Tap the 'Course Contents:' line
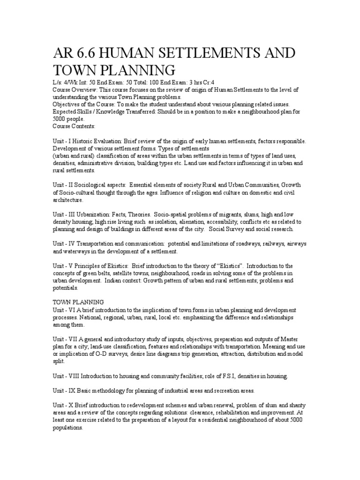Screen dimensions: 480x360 pos(74,126)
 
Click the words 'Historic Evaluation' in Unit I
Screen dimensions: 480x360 pos(106,141)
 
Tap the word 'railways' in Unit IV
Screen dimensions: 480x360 pos(264,244)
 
